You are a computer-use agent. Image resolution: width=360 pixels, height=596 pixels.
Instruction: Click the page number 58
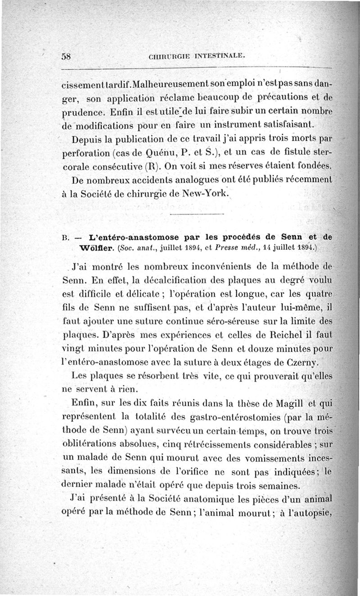tap(67, 56)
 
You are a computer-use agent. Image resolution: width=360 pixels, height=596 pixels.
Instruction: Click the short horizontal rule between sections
tap(197, 214)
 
